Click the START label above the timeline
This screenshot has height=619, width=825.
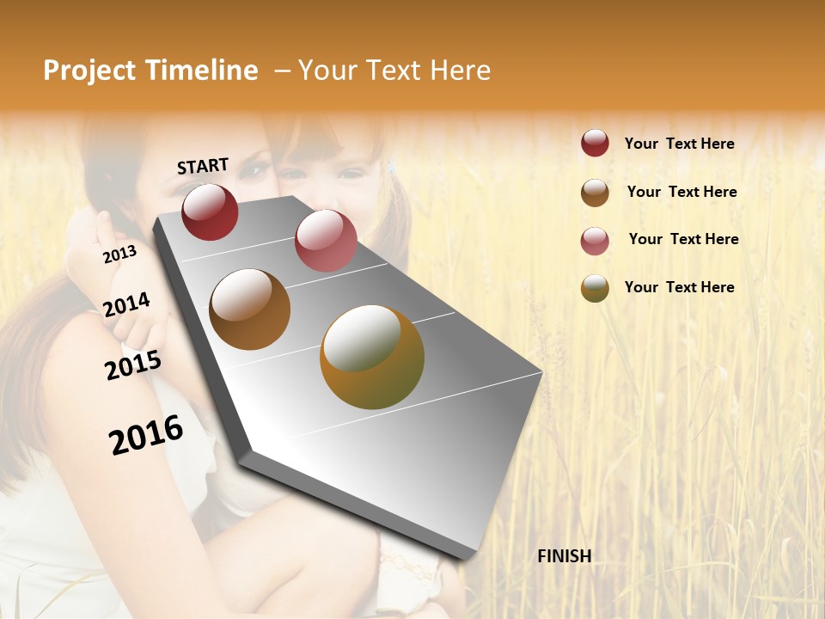coord(203,166)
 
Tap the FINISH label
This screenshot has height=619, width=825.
coord(565,556)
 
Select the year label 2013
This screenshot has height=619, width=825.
coord(119,254)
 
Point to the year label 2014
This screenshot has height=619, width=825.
coord(126,304)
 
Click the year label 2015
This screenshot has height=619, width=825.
coord(133,365)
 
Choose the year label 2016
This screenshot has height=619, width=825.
coord(146,434)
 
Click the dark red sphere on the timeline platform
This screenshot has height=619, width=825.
coord(210,211)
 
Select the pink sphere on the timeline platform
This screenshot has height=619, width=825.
coord(326,241)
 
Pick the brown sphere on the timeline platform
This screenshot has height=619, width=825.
coord(250,309)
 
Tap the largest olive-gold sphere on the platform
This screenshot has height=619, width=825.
coord(372,357)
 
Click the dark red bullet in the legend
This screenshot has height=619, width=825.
coord(595,143)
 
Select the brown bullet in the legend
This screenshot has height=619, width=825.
coord(595,193)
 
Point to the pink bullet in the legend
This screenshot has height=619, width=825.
coord(595,241)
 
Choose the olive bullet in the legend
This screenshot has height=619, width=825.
coord(595,288)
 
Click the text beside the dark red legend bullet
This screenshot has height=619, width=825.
coord(679,144)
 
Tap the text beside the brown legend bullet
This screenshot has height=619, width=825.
coord(681,192)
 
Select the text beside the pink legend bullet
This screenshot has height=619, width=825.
coord(683,239)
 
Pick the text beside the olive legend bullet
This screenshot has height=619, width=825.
coord(679,287)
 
